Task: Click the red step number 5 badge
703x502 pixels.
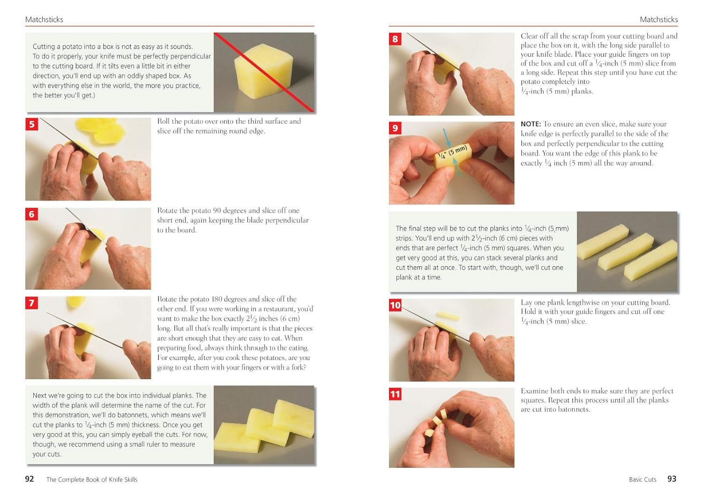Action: (x=31, y=124)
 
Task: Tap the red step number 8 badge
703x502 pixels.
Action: (x=395, y=39)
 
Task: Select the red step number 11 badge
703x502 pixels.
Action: (x=395, y=394)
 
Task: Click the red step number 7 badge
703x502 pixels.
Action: (x=31, y=303)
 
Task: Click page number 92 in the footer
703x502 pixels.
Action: (x=30, y=479)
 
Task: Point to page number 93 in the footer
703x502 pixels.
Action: (x=672, y=479)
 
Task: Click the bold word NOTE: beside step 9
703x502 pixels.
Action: (x=531, y=124)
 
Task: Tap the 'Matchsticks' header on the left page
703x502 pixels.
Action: (x=44, y=20)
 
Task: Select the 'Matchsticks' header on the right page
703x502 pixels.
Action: (x=658, y=20)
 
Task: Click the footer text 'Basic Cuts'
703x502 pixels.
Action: (x=643, y=479)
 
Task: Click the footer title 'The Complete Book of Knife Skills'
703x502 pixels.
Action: (x=92, y=479)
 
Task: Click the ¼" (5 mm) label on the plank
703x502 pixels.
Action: (x=452, y=153)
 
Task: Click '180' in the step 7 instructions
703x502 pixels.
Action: (x=217, y=299)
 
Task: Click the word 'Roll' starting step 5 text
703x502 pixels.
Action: (x=164, y=121)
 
